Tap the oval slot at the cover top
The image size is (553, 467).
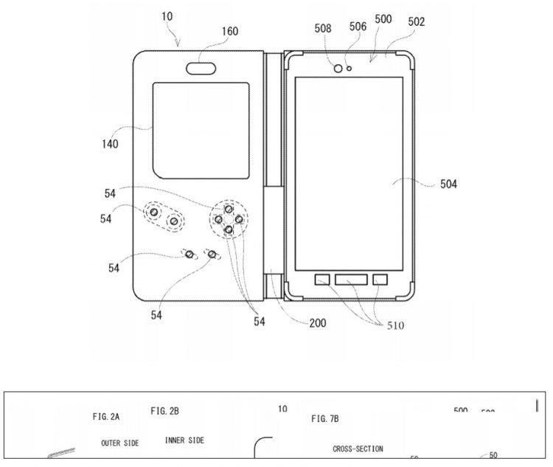click(202, 68)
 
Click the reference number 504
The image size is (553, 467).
click(444, 184)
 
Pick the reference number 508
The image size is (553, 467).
click(322, 29)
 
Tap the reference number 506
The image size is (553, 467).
click(358, 27)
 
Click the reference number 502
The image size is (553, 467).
click(416, 22)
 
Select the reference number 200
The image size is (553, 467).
click(318, 322)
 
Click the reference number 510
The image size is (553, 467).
click(391, 325)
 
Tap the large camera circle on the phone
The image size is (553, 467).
click(338, 69)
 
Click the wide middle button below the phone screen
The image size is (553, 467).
click(351, 280)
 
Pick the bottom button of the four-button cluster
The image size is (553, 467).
click(229, 230)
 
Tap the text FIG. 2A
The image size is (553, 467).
click(106, 416)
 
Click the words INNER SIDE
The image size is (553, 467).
click(184, 440)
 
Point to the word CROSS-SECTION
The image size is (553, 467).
click(358, 449)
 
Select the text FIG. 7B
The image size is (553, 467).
click(324, 418)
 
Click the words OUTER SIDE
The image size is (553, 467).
click(119, 443)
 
